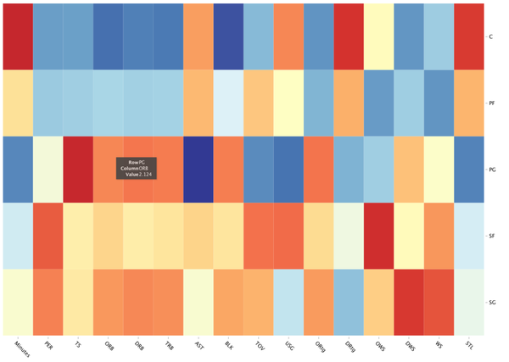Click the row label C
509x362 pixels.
pyautogui.click(x=489, y=36)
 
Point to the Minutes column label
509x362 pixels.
pyautogui.click(x=16, y=345)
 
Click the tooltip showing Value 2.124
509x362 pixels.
pyautogui.click(x=138, y=166)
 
